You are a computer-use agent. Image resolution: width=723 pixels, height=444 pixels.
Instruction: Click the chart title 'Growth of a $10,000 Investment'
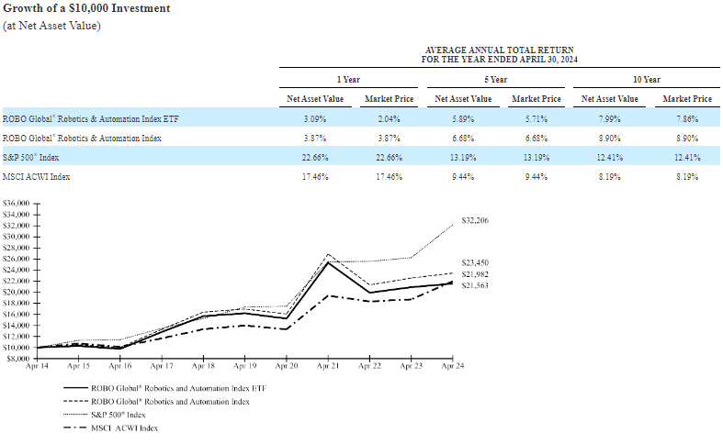point(87,8)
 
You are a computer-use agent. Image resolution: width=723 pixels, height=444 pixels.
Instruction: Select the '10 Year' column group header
point(647,80)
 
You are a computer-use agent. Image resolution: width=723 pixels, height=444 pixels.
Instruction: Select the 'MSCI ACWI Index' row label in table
point(37,176)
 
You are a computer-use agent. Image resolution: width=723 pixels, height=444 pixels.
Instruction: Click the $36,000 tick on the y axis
point(18,203)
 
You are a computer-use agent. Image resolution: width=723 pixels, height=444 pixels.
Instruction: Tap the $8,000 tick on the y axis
point(20,359)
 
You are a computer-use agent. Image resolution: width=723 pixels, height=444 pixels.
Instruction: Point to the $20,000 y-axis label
point(18,292)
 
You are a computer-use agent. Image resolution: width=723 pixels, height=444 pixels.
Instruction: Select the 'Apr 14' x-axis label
point(38,366)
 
